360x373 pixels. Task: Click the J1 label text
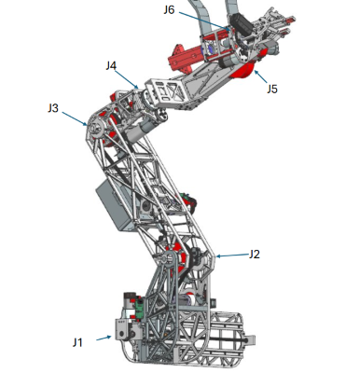77,342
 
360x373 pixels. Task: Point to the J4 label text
111,65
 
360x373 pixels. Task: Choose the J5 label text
271,89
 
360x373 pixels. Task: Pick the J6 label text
169,10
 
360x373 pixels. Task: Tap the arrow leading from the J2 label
231,254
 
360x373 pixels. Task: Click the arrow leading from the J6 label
201,19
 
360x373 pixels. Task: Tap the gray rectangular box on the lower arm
117,205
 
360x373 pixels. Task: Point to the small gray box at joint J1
121,328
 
